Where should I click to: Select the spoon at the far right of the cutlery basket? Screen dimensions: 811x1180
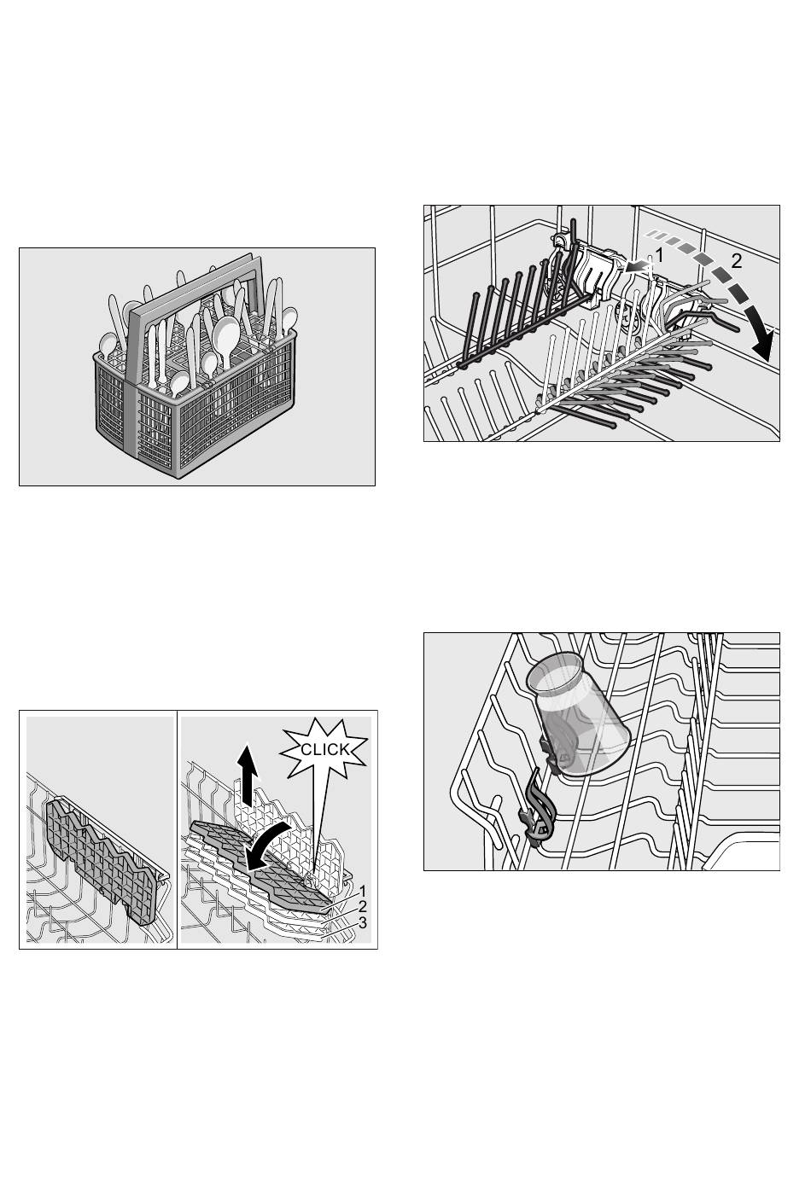pos(289,319)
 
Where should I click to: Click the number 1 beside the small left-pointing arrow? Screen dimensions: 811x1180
pos(659,255)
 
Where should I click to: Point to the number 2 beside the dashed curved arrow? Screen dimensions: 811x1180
pos(736,261)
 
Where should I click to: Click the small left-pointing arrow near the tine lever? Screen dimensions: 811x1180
pos(636,268)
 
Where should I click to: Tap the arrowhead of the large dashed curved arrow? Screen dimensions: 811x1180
pos(763,344)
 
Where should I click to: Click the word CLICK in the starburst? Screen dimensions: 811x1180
pos(325,749)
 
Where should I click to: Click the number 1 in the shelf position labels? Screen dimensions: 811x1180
pos(362,892)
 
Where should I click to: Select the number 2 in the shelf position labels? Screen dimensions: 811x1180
pos(362,907)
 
